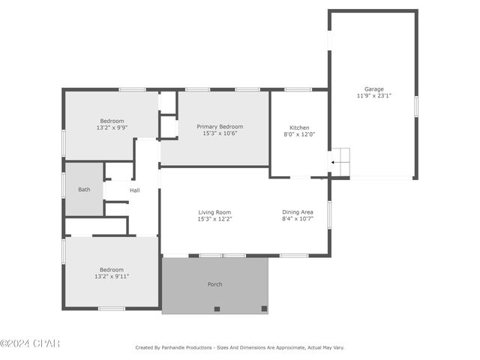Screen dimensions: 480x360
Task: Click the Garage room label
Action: point(373,89)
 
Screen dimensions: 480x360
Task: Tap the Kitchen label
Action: point(299,127)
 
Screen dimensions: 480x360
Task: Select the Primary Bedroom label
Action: point(220,127)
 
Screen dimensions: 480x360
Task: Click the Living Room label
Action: point(214,212)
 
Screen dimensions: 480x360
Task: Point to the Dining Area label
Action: point(298,211)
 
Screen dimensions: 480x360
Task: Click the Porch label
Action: point(215,284)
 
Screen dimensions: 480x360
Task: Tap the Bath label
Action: point(84,190)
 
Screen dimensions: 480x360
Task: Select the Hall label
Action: point(135,190)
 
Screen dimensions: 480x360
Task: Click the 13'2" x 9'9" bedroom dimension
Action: point(112,127)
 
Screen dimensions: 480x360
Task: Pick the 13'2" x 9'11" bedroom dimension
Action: point(112,277)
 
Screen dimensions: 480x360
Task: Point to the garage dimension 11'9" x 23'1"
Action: point(374,96)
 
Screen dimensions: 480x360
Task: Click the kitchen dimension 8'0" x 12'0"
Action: point(299,134)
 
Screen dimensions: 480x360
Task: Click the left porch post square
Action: point(217,309)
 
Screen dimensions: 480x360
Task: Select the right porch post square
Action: point(264,308)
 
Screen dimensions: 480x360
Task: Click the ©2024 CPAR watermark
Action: point(30,343)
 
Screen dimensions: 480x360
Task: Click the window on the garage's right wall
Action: point(416,106)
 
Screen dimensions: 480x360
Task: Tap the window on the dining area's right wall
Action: point(329,214)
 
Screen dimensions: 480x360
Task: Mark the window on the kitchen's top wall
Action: point(298,90)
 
